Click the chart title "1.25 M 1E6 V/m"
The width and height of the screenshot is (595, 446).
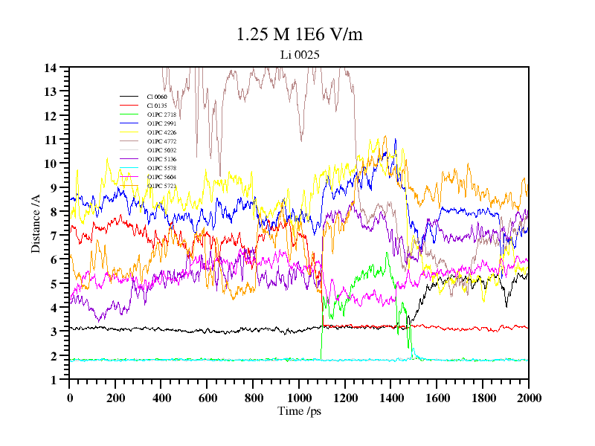pyautogui.click(x=299, y=35)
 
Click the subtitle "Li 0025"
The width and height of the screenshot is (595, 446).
pyautogui.click(x=300, y=55)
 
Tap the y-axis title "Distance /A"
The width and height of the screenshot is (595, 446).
pyautogui.click(x=36, y=224)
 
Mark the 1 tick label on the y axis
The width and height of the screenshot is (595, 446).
pyautogui.click(x=54, y=380)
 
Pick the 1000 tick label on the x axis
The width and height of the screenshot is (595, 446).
pyautogui.click(x=299, y=398)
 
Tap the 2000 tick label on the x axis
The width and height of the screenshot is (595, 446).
pyautogui.click(x=529, y=398)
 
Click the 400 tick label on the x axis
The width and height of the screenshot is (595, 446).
pyautogui.click(x=161, y=398)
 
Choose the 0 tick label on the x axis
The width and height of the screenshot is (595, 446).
pyautogui.click(x=70, y=398)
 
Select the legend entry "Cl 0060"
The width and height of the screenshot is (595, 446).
pyautogui.click(x=157, y=97)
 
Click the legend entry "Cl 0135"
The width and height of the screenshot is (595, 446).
pyautogui.click(x=157, y=106)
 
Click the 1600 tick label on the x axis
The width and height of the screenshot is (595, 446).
pyautogui.click(x=437, y=398)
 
